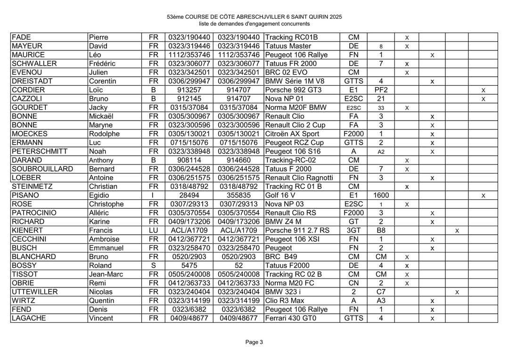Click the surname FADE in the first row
(x=22, y=37)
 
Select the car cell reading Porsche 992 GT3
(x=288, y=90)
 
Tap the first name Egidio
(x=99, y=195)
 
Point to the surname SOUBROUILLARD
(x=43, y=169)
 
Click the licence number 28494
(x=189, y=195)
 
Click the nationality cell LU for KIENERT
(x=153, y=230)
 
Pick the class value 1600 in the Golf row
(x=380, y=195)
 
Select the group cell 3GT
(x=353, y=230)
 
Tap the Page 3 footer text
(x=254, y=342)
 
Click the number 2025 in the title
(x=336, y=17)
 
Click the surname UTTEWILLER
(x=35, y=292)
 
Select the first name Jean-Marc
(x=107, y=274)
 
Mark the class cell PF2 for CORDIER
(x=380, y=90)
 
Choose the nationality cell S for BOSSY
(x=153, y=265)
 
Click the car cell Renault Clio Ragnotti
(x=299, y=178)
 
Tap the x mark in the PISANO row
(x=483, y=195)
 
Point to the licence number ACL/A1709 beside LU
(x=189, y=230)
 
